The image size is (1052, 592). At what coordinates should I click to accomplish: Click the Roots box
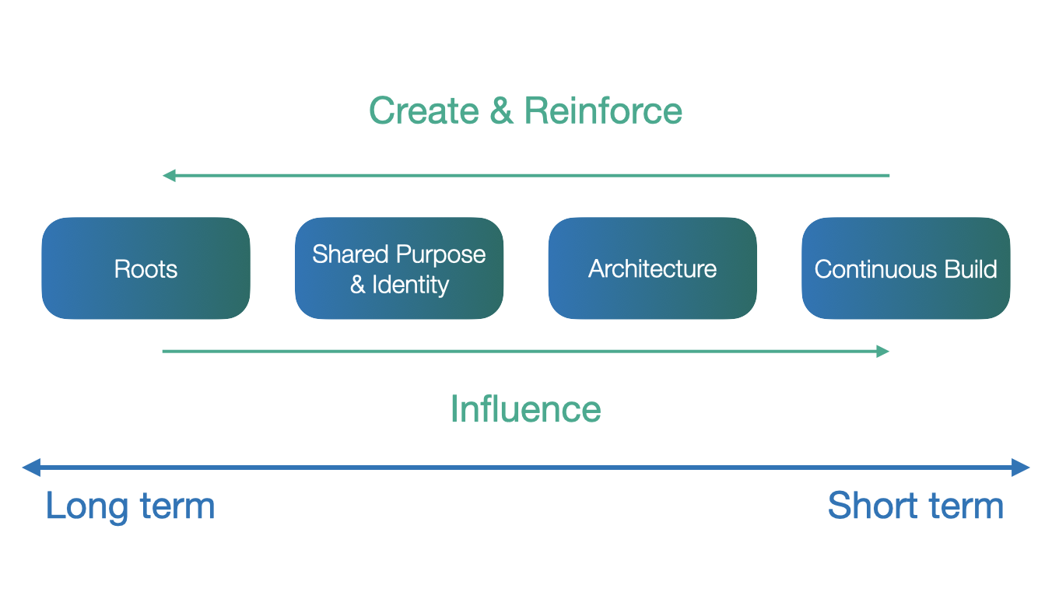(146, 268)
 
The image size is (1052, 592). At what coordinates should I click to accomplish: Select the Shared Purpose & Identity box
(399, 268)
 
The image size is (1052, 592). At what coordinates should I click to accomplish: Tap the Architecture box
(652, 268)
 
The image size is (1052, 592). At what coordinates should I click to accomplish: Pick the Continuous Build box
(906, 268)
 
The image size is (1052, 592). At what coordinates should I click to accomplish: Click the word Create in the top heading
(424, 110)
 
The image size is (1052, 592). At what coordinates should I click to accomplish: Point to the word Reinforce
(603, 110)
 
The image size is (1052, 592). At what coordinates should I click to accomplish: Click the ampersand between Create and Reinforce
(502, 110)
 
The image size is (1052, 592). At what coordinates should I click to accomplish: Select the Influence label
(525, 409)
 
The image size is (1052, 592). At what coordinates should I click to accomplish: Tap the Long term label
(131, 507)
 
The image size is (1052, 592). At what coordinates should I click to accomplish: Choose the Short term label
(916, 506)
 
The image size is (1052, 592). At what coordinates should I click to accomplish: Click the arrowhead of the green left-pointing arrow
(169, 176)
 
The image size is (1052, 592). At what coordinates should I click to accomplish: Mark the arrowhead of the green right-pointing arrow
(883, 351)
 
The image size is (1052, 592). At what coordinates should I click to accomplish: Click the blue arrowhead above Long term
(31, 468)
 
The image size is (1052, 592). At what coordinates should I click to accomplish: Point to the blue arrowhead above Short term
(1021, 468)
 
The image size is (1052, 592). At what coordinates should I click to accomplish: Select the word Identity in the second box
(411, 285)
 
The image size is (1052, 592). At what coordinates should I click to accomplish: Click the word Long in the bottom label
(87, 507)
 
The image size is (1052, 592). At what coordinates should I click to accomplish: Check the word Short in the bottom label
(872, 506)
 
